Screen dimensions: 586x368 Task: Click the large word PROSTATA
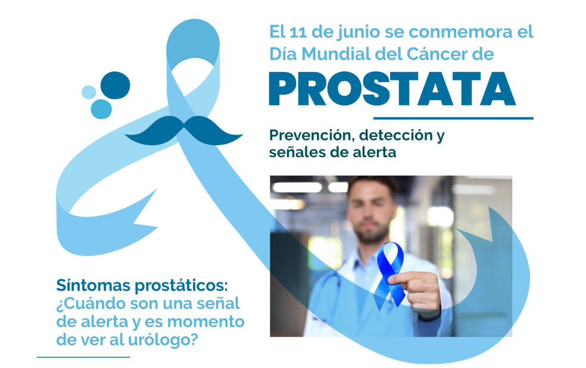(392, 89)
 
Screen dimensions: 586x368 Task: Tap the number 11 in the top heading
(298, 32)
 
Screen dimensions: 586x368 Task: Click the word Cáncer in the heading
(437, 54)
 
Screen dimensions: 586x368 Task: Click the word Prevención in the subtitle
(311, 135)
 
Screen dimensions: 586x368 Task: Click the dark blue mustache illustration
(183, 131)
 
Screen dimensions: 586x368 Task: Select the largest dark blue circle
(115, 85)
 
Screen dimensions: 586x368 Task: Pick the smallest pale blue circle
(89, 92)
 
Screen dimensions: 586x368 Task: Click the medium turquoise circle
(101, 109)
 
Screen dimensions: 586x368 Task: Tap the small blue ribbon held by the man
(390, 275)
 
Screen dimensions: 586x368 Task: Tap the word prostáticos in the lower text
(181, 286)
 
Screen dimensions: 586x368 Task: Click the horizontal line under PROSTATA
(453, 118)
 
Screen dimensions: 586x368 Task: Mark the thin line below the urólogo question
(83, 357)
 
